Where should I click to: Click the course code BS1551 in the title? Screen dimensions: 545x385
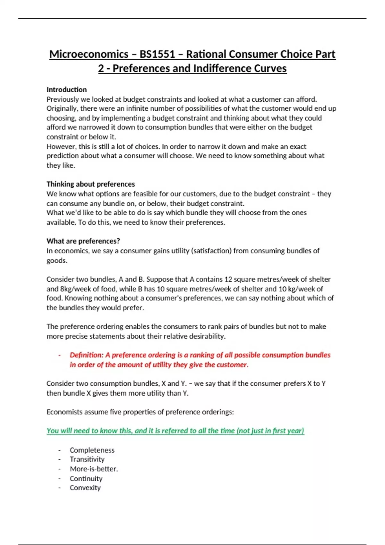pyautogui.click(x=157, y=54)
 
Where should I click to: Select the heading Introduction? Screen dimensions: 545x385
pyautogui.click(x=67, y=89)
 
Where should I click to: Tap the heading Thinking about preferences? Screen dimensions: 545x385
pyautogui.click(x=90, y=184)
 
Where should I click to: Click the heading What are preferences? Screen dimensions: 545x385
pyautogui.click(x=83, y=241)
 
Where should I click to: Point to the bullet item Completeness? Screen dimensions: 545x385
pyautogui.click(x=92, y=450)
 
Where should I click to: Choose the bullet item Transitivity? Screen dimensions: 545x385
pyautogui.click(x=87, y=459)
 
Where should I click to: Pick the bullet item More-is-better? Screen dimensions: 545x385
pyautogui.click(x=94, y=469)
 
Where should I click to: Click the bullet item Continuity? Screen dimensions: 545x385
pyautogui.click(x=86, y=479)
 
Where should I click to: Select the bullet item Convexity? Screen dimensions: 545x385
pyautogui.click(x=85, y=488)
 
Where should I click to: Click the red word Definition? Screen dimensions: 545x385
pyautogui.click(x=87, y=355)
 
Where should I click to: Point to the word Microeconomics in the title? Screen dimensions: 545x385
pyautogui.click(x=89, y=54)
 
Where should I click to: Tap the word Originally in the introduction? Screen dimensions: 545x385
pyautogui.click(x=62, y=109)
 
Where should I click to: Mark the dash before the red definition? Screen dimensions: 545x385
pyautogui.click(x=60, y=355)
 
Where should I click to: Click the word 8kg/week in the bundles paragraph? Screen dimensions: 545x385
pyautogui.click(x=73, y=289)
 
